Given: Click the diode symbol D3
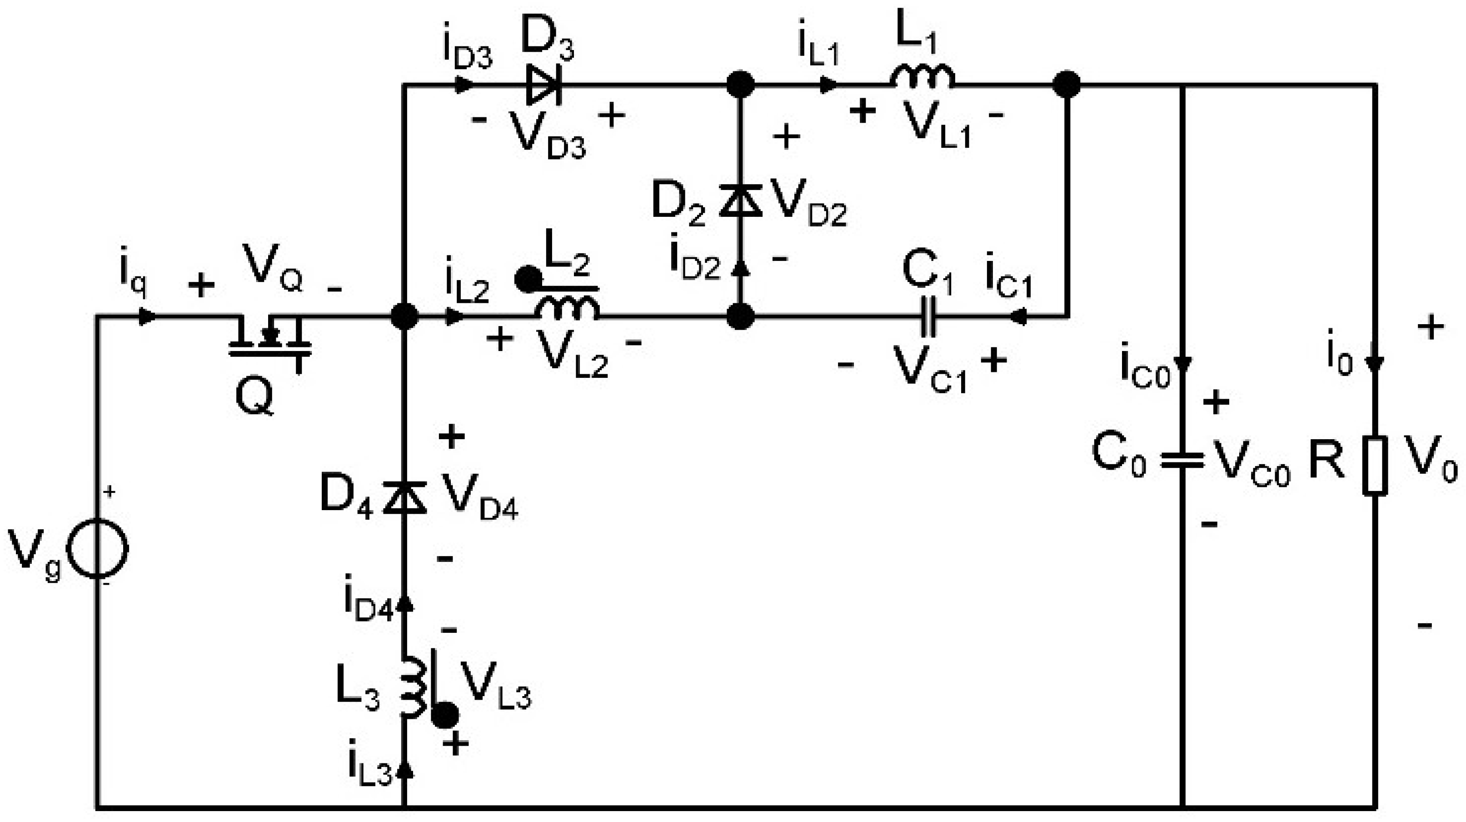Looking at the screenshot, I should coord(544,85).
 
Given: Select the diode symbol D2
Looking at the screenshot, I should coord(740,200).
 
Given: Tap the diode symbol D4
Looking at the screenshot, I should coord(404,497).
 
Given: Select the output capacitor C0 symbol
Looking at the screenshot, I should coord(1182,460).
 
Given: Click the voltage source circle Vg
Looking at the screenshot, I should coord(98,549).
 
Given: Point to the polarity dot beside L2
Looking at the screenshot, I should coord(528,279).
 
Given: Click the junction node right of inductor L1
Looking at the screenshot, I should coord(1066,85).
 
